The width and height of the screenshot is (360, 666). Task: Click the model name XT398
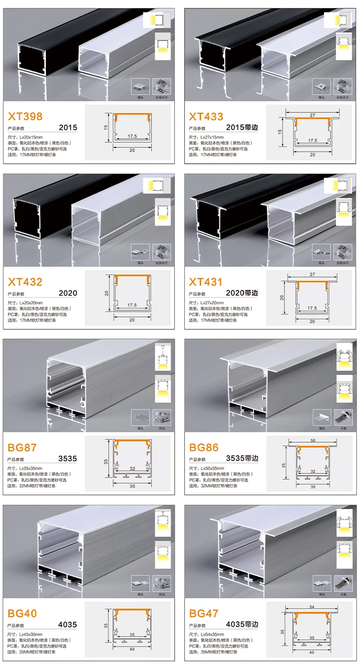pyautogui.click(x=25, y=116)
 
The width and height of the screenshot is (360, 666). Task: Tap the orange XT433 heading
pyautogui.click(x=206, y=116)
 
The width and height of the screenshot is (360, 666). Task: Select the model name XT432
pyautogui.click(x=25, y=282)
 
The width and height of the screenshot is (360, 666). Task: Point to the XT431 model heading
pyautogui.click(x=206, y=282)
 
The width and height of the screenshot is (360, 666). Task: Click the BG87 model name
pyautogui.click(x=22, y=448)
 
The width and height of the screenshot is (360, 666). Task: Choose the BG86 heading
pyautogui.click(x=204, y=448)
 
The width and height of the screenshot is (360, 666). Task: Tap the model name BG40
pyautogui.click(x=22, y=613)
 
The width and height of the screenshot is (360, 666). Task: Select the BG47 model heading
pyautogui.click(x=204, y=613)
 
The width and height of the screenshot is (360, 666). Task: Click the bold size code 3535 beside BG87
pyautogui.click(x=67, y=459)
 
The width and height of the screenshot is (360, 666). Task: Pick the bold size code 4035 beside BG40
pyautogui.click(x=67, y=625)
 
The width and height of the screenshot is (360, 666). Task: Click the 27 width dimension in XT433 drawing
pyautogui.click(x=312, y=115)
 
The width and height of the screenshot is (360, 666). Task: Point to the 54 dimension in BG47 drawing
pyautogui.click(x=312, y=607)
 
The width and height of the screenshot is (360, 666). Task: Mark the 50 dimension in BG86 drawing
pyautogui.click(x=312, y=440)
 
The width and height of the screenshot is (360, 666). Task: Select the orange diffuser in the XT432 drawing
pyautogui.click(x=132, y=277)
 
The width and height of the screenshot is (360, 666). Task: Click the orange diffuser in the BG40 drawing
pyautogui.click(x=132, y=611)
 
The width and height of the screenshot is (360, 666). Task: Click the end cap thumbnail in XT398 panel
pyautogui.click(x=141, y=86)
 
